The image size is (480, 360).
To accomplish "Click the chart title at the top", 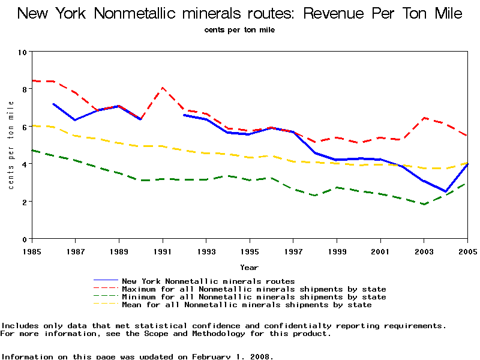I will point(240,13).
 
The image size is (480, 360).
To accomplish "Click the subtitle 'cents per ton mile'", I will point(239,29).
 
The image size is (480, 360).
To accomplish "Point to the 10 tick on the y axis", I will point(23,52).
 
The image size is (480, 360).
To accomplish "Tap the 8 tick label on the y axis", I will point(23,89).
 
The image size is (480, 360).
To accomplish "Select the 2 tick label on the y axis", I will point(23,202).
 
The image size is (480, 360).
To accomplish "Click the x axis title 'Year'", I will point(250,267).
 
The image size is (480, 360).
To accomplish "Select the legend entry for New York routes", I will point(208,281).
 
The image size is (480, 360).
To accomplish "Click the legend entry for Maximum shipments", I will point(254,289).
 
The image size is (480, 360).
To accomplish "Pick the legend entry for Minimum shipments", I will point(254,297).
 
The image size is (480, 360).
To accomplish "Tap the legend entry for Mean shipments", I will point(247,305).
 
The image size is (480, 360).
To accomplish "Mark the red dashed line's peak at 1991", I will point(163,88).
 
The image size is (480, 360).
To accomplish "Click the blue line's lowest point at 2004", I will point(446,191).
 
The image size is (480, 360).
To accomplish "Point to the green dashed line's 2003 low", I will point(424,204).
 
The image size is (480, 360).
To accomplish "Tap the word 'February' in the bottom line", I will point(214,356).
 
